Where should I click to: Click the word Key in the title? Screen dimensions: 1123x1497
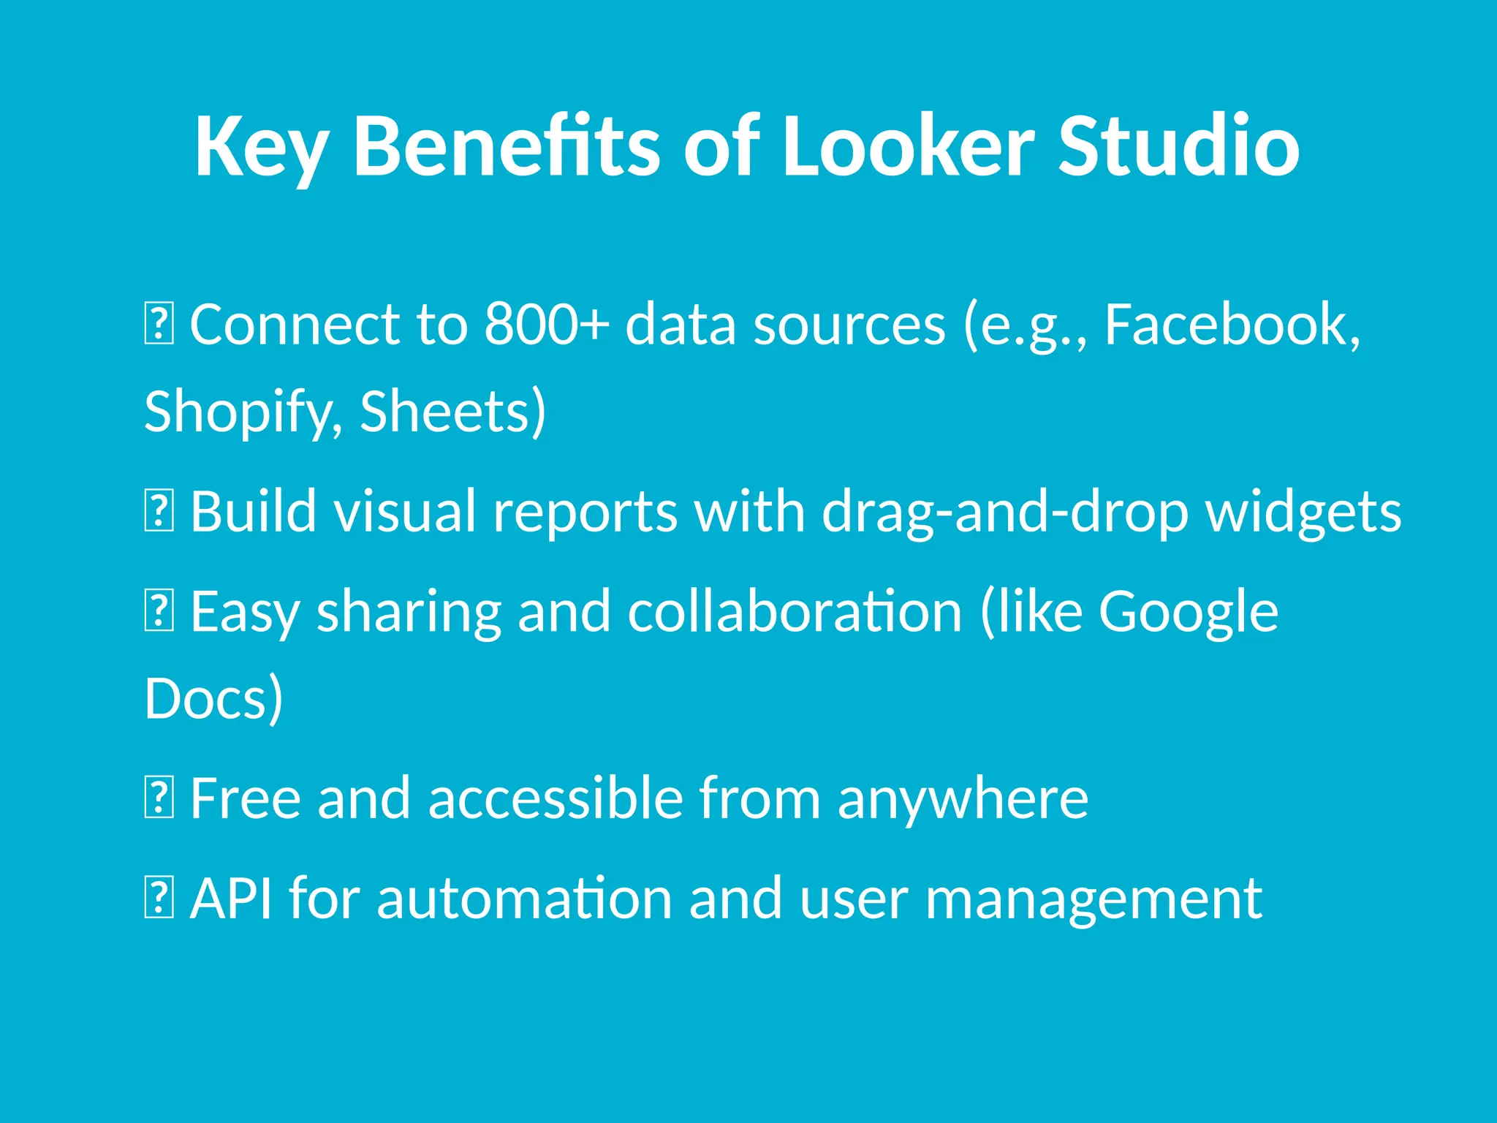[260, 148]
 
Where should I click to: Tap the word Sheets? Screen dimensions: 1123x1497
[452, 411]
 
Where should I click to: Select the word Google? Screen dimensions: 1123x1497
[1189, 613]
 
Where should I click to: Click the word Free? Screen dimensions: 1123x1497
[246, 798]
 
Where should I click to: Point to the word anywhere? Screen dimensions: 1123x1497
[963, 800]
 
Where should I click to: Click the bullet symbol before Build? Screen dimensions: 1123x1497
[159, 512]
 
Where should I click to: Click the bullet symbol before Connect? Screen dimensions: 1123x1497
[159, 325]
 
